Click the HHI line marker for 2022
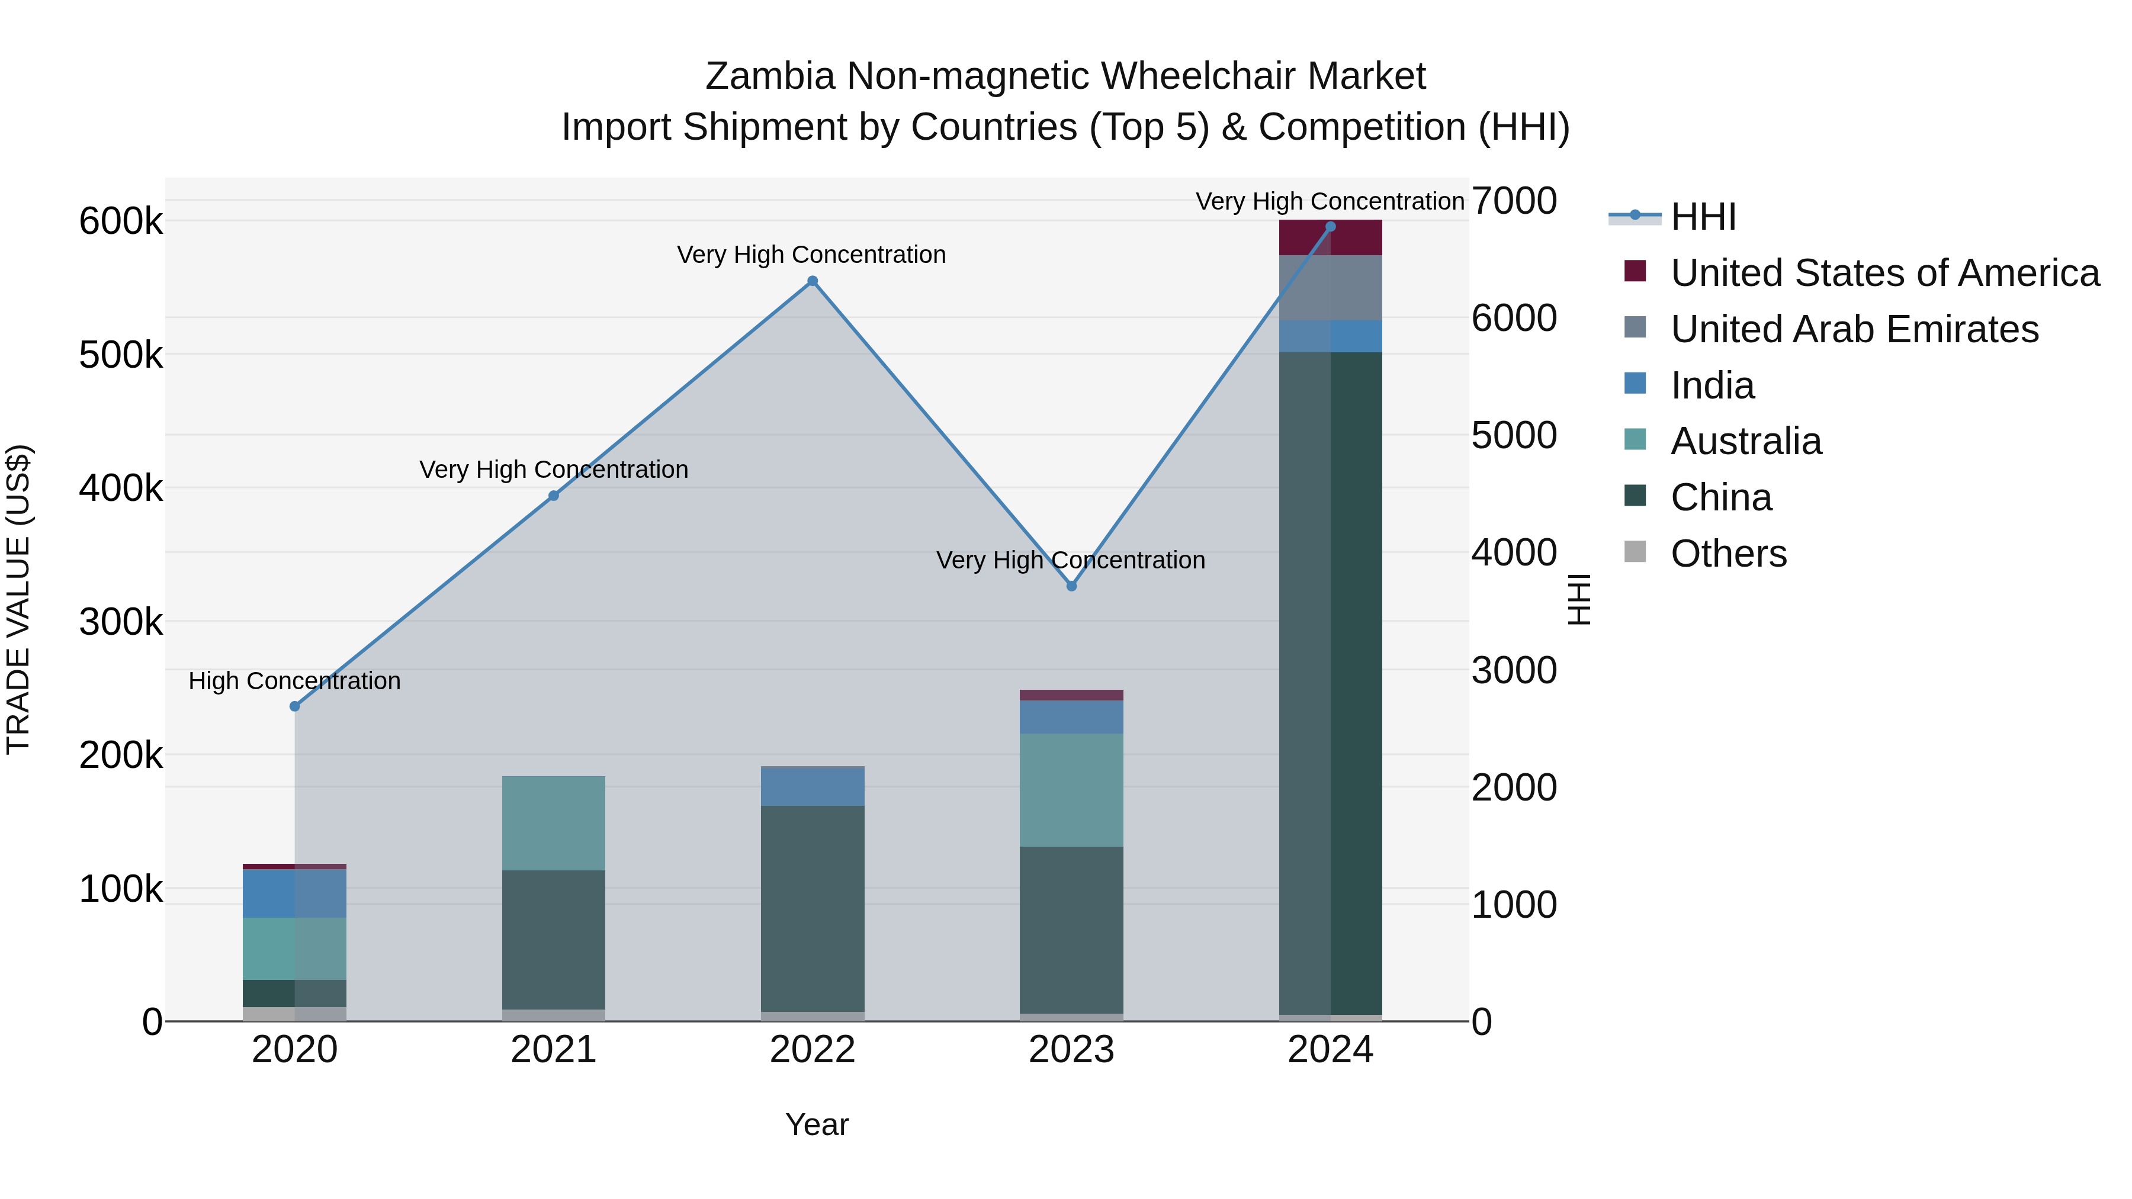point(812,281)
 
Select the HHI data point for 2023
point(1071,586)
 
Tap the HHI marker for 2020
point(295,706)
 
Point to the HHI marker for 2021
point(554,496)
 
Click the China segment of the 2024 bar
point(1330,679)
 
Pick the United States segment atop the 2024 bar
point(1330,238)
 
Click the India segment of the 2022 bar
point(812,787)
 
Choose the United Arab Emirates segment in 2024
point(1330,288)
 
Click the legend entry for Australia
point(1745,441)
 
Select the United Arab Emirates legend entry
point(1854,329)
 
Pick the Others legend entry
point(1728,554)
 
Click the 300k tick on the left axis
point(121,622)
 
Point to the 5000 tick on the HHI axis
point(1514,435)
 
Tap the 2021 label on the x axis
point(554,1050)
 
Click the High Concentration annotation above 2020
point(295,681)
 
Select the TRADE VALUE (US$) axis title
point(19,600)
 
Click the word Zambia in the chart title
point(770,76)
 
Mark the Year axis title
point(817,1124)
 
